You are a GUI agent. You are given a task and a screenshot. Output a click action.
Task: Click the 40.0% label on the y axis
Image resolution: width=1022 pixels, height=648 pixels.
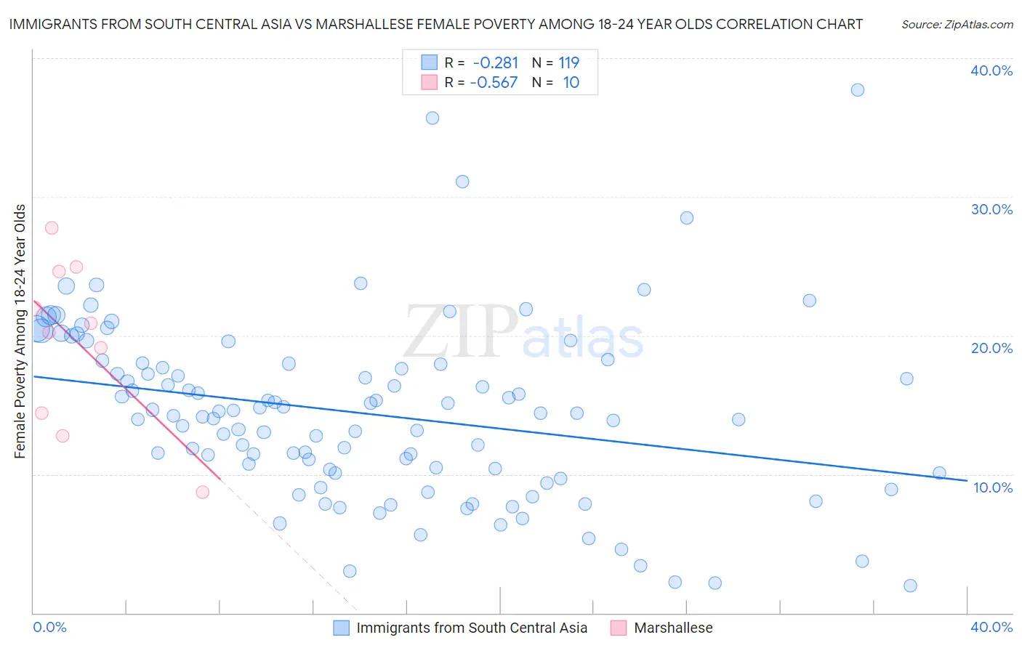coord(991,70)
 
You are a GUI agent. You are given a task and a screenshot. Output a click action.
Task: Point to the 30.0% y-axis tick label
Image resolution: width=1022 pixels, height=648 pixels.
coord(991,209)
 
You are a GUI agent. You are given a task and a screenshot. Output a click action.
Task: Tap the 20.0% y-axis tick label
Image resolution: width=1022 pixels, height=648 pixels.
coord(991,348)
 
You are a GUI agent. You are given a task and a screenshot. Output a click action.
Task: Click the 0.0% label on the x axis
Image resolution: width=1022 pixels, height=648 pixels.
coord(49,627)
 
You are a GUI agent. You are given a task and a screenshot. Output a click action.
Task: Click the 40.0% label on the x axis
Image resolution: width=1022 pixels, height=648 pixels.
coord(991,627)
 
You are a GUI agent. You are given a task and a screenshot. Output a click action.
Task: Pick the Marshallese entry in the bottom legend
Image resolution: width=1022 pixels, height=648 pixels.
coord(673,628)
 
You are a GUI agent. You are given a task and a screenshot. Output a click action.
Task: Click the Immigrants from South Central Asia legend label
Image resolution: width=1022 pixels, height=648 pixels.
coord(472,628)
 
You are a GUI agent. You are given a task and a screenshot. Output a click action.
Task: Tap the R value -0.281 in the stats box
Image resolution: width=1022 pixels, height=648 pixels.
coord(495,62)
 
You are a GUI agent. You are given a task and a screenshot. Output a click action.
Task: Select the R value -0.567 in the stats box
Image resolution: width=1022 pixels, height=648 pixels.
coord(494,82)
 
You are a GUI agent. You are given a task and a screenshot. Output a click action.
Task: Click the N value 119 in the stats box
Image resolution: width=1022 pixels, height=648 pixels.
coord(568,62)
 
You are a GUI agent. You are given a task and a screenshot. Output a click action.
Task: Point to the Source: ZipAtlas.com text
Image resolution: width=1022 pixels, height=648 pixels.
coord(957,24)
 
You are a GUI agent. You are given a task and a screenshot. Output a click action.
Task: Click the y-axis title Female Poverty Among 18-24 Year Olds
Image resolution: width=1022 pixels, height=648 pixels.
coord(20,331)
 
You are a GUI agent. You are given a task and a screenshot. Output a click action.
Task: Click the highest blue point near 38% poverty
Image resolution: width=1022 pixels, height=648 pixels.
coord(858,90)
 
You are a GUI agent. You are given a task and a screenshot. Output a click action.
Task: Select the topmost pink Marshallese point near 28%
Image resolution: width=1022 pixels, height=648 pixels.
coord(52,227)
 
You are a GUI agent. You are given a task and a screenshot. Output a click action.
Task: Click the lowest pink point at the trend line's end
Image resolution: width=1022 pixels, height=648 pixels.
coord(203,492)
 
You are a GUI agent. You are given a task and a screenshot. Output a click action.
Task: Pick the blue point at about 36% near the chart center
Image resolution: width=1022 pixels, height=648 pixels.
coord(432,118)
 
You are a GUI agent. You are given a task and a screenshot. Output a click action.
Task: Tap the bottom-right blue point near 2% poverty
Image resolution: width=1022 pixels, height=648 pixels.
coord(910,586)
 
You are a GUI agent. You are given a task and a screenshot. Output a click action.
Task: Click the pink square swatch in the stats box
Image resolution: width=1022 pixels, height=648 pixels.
coord(430,82)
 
